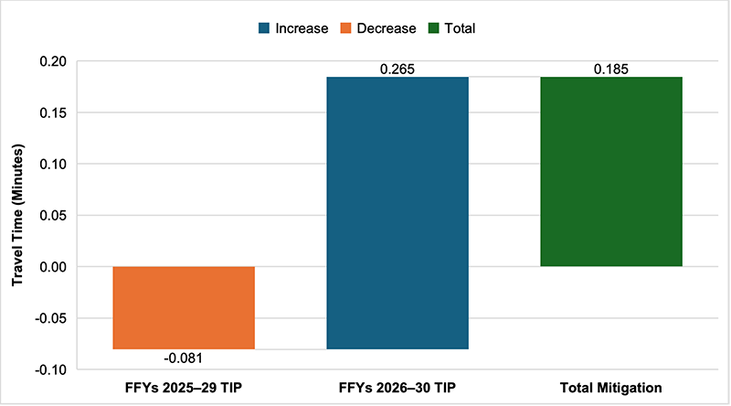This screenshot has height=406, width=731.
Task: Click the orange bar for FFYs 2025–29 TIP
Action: (x=184, y=307)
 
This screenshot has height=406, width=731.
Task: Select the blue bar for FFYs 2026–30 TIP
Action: (x=397, y=213)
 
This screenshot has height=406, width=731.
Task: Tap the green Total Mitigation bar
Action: (x=610, y=172)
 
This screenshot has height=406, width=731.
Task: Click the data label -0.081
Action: (x=184, y=358)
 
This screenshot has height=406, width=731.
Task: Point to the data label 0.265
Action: (x=397, y=69)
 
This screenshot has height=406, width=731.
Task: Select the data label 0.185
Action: (x=610, y=69)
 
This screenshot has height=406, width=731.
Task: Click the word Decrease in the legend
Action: (x=386, y=28)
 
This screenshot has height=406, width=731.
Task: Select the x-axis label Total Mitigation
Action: (x=610, y=388)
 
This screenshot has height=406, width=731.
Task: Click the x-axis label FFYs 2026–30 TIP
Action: (x=397, y=388)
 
